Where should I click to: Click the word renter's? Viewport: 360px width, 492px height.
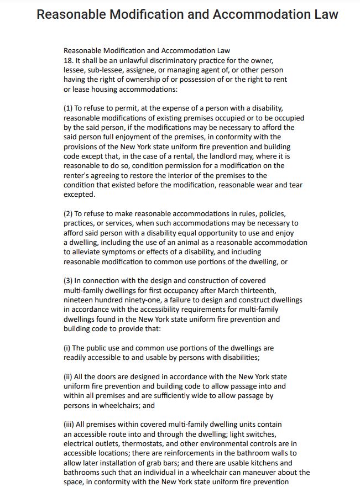point(77,175)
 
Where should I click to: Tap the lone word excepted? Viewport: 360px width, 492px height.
point(80,194)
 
